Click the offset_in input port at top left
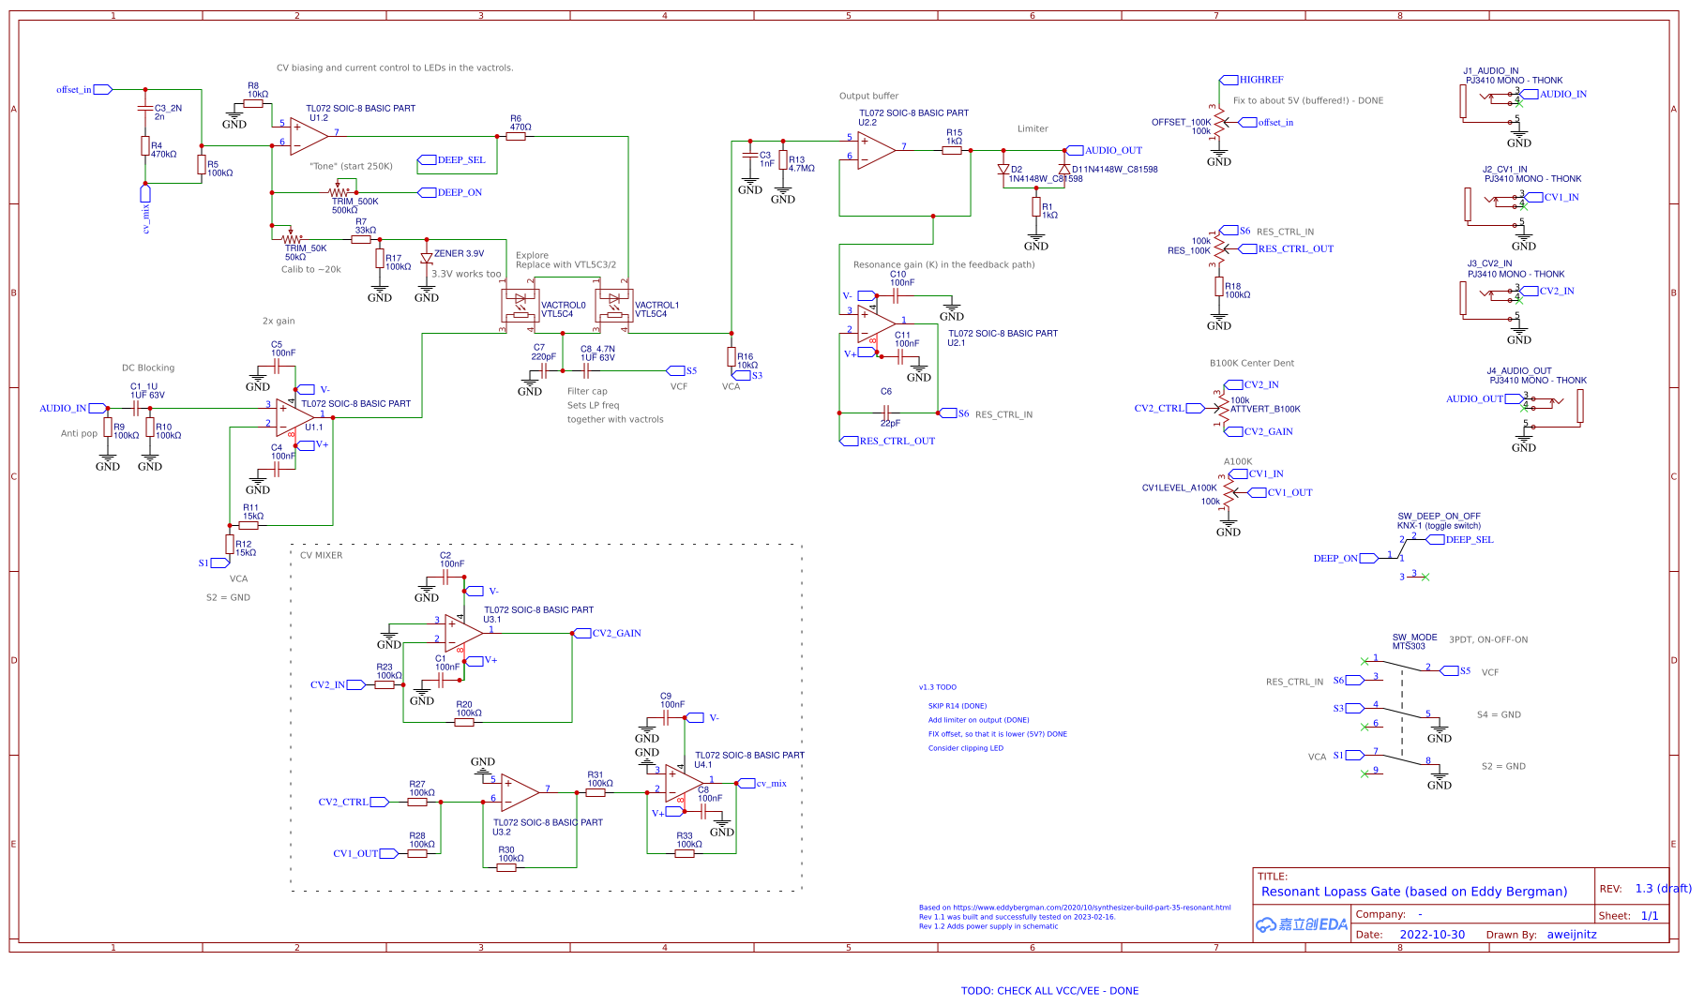pyautogui.click(x=102, y=90)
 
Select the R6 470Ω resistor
pyautogui.click(x=516, y=136)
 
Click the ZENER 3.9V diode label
pyautogui.click(x=459, y=254)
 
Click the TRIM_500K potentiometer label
pyautogui.click(x=354, y=202)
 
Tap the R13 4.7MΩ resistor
pyautogui.click(x=783, y=161)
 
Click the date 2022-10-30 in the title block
pyautogui.click(x=1432, y=935)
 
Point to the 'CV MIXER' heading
pyautogui.click(x=321, y=556)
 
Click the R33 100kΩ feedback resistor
pyautogui.click(x=685, y=853)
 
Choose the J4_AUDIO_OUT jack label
pyautogui.click(x=1518, y=371)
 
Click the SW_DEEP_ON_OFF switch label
pyautogui.click(x=1439, y=517)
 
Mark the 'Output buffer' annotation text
pyautogui.click(x=868, y=97)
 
